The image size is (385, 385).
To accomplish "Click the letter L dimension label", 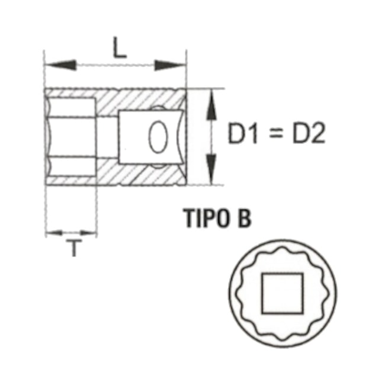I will pyautogui.click(x=120, y=47).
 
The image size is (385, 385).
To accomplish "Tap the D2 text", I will pyautogui.click(x=309, y=135).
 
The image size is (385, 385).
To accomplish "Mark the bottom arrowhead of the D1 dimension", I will pyautogui.click(x=210, y=173).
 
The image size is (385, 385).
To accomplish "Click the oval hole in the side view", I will pyautogui.click(x=158, y=137).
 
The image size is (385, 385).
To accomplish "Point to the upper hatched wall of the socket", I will pyautogui.click(x=136, y=97).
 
